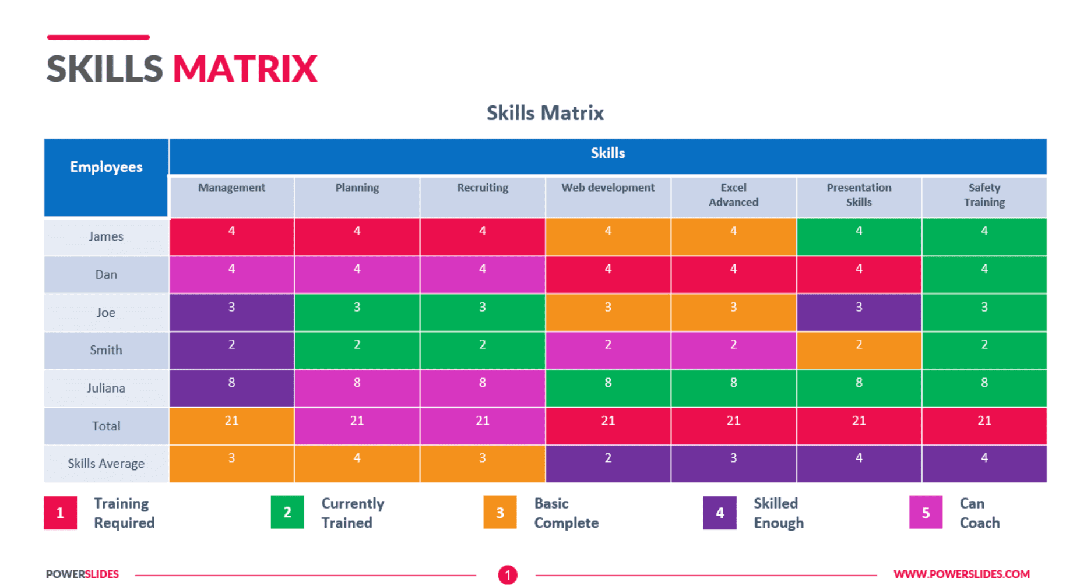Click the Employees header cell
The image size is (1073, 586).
tap(106, 167)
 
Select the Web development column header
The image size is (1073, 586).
tap(608, 188)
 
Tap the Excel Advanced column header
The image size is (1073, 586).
tap(733, 195)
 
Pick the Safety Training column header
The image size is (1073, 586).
tap(984, 195)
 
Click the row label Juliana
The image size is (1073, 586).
tap(106, 388)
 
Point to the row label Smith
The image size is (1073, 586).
tap(106, 350)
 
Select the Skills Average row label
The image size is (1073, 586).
tap(106, 464)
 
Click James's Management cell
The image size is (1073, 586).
tap(231, 236)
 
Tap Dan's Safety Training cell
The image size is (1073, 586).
tap(984, 274)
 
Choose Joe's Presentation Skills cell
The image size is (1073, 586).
tap(859, 312)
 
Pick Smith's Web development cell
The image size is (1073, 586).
tap(608, 350)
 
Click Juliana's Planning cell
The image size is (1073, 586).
tap(357, 388)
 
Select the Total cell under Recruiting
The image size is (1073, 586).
tap(482, 426)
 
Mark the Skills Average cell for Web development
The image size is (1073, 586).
tap(608, 464)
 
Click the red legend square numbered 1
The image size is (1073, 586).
tap(60, 513)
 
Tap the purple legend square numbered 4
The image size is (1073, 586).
tap(720, 513)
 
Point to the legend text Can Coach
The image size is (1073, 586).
tap(979, 513)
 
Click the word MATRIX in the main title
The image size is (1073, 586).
tap(245, 69)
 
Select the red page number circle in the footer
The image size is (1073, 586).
tap(508, 575)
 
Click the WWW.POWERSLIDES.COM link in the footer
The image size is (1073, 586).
tap(962, 574)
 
